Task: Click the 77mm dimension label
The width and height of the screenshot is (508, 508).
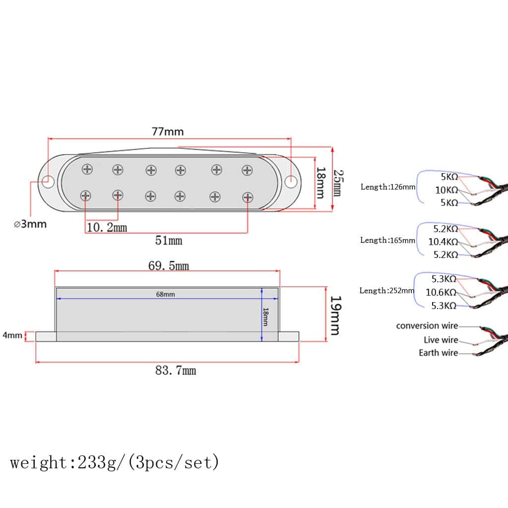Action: pos(168,131)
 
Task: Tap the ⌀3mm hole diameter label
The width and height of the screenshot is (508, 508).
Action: pos(30,224)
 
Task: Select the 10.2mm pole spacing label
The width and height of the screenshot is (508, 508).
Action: pos(107,228)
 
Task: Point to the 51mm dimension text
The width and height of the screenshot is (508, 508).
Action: pos(169,241)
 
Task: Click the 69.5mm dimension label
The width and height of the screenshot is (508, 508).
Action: pos(169,266)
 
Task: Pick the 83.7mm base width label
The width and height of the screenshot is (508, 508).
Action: pos(175,370)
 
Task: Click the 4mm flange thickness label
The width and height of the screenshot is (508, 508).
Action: pos(12,335)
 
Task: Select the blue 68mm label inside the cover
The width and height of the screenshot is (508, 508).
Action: pos(165,294)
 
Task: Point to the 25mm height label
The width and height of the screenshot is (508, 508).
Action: pos(337,182)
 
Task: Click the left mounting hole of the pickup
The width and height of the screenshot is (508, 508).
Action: pos(48,181)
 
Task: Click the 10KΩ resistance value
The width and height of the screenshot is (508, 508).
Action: pos(446,190)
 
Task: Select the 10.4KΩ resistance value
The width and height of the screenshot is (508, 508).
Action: pos(443,242)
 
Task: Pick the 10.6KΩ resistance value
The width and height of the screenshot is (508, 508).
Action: pos(441,293)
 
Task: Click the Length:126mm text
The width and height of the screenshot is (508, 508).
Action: pos(388,187)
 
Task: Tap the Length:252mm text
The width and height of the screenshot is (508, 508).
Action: pos(386,291)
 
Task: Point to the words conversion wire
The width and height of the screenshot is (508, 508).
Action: pos(427,326)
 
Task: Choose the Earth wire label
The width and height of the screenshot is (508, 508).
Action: pos(438,353)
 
